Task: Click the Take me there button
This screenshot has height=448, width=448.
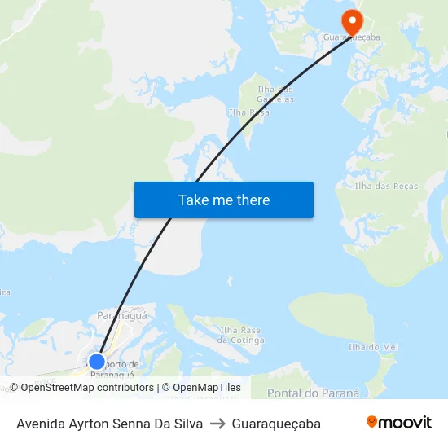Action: coord(224,200)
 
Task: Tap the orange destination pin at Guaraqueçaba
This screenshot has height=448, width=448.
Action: coord(353,22)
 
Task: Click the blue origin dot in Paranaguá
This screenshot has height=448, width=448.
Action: coord(97,362)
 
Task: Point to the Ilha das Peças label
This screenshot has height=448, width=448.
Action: coord(386,187)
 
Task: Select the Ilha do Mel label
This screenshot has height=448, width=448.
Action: coord(373,347)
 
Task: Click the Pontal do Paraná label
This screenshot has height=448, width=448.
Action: coord(313,393)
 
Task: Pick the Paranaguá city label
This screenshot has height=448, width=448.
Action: coord(121,314)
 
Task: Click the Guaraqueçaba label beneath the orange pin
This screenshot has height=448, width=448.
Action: coord(353,37)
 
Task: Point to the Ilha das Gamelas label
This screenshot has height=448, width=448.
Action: coord(275,94)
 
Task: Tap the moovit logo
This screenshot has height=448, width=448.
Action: coord(399,423)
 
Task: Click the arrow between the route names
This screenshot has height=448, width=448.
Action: coord(217,424)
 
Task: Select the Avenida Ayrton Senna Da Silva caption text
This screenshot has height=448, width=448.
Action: coord(110,424)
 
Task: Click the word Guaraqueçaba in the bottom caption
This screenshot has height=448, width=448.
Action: coord(276,424)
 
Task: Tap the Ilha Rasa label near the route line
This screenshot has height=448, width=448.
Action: coord(248,112)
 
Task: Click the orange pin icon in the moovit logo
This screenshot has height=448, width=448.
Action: coord(372,423)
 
